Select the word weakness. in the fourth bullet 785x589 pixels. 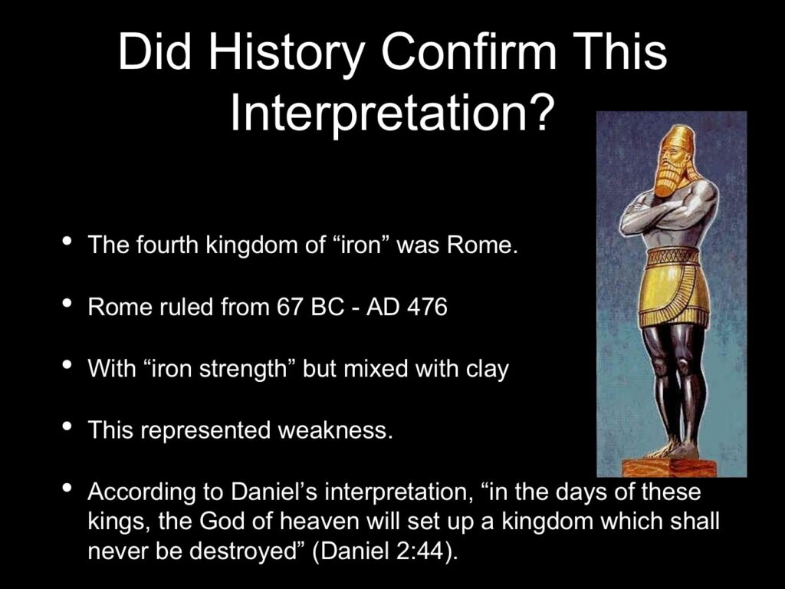point(335,430)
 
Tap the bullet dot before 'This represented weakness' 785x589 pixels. point(66,426)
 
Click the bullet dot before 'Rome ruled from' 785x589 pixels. point(66,303)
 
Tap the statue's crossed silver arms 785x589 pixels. point(661,213)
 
